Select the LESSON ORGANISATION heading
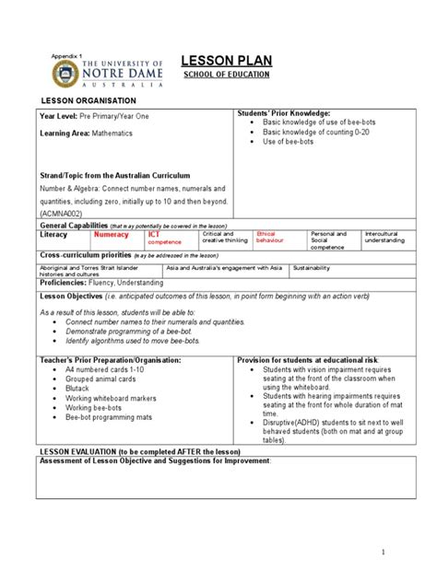(86, 99)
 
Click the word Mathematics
(112, 133)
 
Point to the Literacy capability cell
(54, 235)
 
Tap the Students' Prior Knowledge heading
(278, 111)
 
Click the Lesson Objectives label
(73, 297)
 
